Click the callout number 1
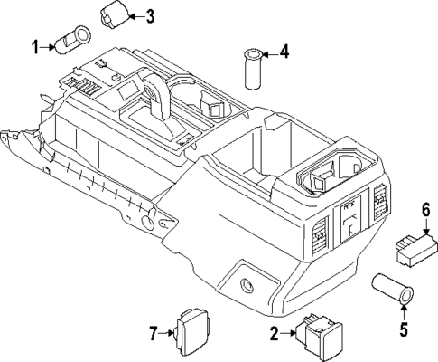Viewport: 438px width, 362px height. [36, 46]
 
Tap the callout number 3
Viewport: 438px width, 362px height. [150, 15]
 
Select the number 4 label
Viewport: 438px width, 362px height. [284, 52]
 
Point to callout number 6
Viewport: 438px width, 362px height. [424, 210]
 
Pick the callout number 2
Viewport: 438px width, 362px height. [273, 335]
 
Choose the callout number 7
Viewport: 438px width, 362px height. [152, 334]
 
